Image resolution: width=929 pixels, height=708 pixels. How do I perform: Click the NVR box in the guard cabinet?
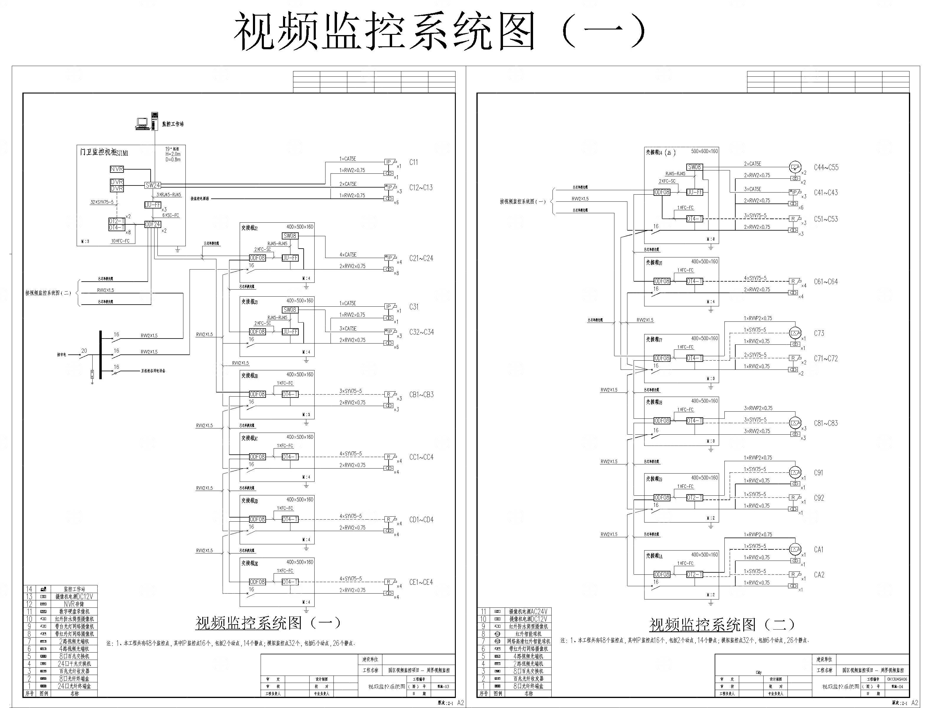point(117,169)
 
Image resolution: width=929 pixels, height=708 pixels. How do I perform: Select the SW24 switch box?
point(152,185)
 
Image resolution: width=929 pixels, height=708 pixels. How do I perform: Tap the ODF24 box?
point(152,224)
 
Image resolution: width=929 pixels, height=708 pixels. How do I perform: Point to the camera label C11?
point(414,162)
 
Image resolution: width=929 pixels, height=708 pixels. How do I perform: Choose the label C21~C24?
point(421,258)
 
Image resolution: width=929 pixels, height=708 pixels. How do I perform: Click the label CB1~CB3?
point(421,395)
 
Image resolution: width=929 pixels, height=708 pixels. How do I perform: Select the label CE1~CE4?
point(421,582)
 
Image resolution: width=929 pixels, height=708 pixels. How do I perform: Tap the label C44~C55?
point(826,167)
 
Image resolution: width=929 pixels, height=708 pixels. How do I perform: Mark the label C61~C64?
point(826,282)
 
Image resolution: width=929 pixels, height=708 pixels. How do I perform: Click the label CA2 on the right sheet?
point(819,575)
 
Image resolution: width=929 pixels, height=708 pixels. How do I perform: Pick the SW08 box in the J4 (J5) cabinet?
point(694,167)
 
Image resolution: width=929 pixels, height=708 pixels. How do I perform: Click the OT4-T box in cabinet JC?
point(290,457)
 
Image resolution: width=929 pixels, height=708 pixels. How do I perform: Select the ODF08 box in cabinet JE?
point(257,581)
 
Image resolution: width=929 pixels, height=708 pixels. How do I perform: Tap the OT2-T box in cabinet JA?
point(694,574)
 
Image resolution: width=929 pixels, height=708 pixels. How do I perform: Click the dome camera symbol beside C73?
point(795,333)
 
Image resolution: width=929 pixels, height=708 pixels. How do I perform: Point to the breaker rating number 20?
point(84,351)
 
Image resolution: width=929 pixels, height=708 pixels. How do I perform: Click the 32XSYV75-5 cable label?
point(101,202)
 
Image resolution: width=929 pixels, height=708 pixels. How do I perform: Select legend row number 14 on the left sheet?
point(29,589)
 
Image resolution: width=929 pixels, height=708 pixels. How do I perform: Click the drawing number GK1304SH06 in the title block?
point(897,679)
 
